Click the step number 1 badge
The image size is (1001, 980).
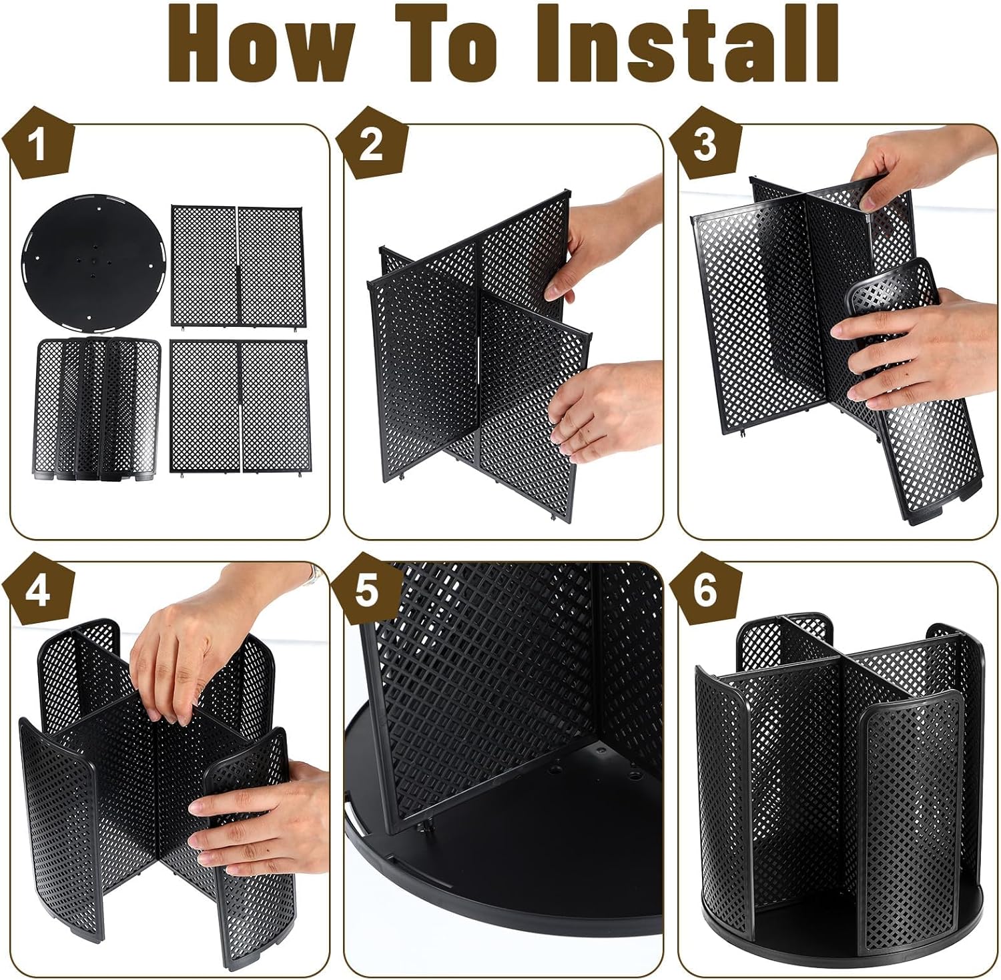point(38,144)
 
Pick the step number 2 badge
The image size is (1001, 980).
point(372,144)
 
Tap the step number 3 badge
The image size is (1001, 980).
point(705,144)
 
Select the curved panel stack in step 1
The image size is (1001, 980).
point(98,409)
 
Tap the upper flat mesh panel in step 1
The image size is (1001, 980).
point(238,265)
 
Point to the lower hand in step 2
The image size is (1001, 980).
point(604,410)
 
